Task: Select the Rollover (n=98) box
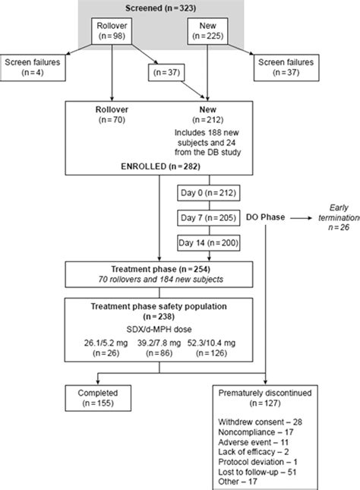(112, 33)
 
